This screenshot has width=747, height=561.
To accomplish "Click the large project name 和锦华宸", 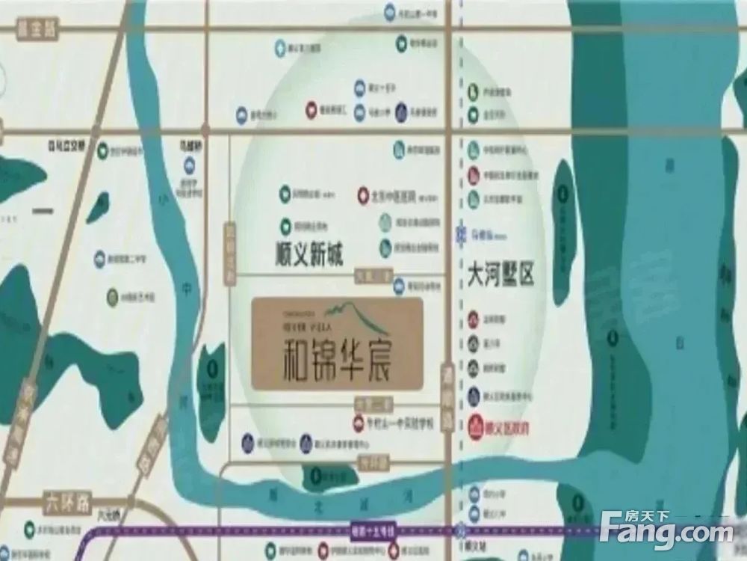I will pos(338,358).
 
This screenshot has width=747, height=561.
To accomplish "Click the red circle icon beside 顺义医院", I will pos(476,429).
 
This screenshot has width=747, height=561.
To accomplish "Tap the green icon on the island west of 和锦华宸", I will pos(212,368).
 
